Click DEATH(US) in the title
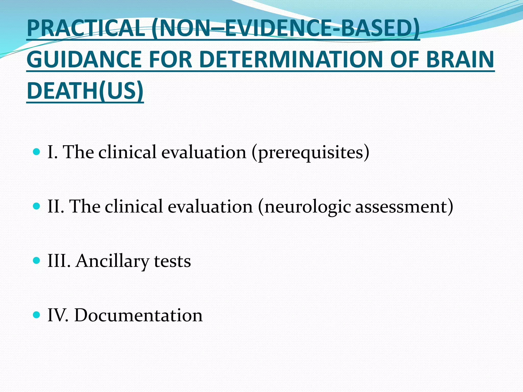tap(85, 91)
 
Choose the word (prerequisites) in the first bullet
tap(310, 152)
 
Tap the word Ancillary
tap(112, 261)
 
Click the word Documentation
tap(138, 315)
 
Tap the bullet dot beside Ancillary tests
tap(37, 261)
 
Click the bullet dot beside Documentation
tap(37, 315)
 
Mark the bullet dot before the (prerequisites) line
tap(37, 152)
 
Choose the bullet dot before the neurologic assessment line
tap(37, 206)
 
